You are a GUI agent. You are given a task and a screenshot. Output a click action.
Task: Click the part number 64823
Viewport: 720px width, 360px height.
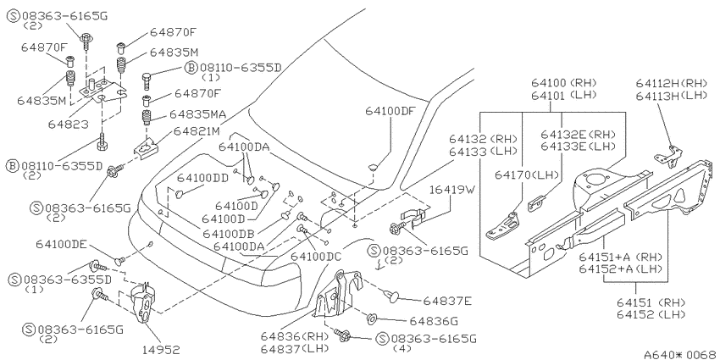click(69, 125)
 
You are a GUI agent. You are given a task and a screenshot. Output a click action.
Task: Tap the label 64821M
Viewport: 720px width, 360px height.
click(197, 132)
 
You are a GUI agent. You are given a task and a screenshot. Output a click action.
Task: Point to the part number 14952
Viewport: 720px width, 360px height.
click(161, 350)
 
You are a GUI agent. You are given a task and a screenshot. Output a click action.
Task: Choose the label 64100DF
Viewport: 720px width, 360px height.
click(390, 111)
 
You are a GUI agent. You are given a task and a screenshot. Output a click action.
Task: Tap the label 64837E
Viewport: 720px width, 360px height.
click(447, 301)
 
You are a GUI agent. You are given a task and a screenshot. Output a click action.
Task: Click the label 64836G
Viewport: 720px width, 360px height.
click(434, 321)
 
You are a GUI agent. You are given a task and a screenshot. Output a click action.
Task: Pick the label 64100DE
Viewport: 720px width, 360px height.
click(62, 244)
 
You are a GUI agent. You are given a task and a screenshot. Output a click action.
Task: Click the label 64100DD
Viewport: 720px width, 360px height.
click(203, 178)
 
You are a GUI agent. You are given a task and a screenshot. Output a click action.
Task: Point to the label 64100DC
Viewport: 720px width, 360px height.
click(316, 256)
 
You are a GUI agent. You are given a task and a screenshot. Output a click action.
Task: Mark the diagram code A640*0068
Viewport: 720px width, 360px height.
click(680, 354)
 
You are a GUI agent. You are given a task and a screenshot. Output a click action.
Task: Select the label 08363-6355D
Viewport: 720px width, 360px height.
click(68, 280)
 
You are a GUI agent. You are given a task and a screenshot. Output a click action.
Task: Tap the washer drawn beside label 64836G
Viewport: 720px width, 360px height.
click(372, 318)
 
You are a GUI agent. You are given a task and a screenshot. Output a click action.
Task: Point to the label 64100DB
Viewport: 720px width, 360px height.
click(229, 234)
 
